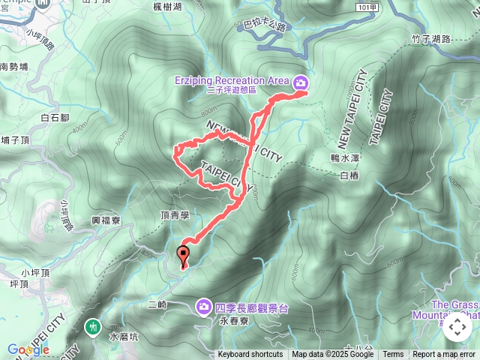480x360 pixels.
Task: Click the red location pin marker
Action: pyautogui.click(x=183, y=256)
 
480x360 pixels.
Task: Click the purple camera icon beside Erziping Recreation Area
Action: pyautogui.click(x=301, y=82)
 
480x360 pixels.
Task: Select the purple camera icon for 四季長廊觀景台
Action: pyautogui.click(x=203, y=307)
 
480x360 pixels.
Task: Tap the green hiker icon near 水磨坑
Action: pyautogui.click(x=93, y=327)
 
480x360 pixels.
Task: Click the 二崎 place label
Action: pyautogui.click(x=157, y=304)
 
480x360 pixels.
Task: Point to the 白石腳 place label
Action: pyautogui.click(x=55, y=118)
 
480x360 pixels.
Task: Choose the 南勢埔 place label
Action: pyautogui.click(x=13, y=67)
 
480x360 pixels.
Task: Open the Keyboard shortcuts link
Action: pyautogui.click(x=250, y=355)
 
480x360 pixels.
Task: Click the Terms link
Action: pyautogui.click(x=393, y=355)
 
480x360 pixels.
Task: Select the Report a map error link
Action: pyautogui.click(x=444, y=355)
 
